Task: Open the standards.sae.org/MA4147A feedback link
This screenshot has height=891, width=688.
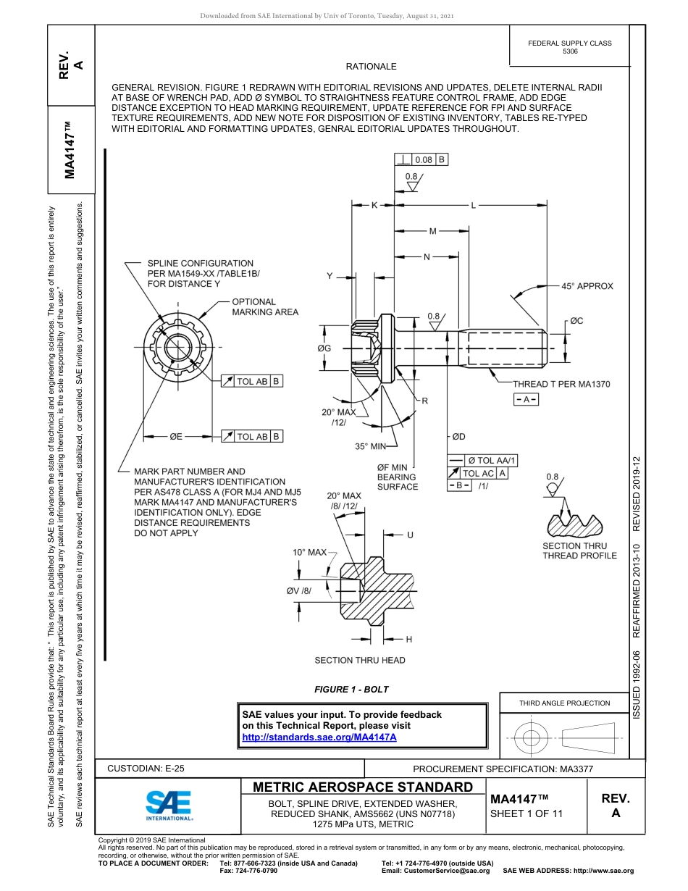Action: pos(319,737)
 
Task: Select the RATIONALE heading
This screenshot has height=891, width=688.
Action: pos(371,67)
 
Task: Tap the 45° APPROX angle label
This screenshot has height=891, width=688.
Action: pos(587,286)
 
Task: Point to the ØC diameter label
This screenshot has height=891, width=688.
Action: pos(576,321)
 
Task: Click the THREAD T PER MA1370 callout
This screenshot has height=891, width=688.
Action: pos(561,384)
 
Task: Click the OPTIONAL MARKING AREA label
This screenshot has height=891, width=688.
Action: pos(264,307)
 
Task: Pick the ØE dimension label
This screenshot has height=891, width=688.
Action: pos(176,437)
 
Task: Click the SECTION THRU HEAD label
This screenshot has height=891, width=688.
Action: pos(359,660)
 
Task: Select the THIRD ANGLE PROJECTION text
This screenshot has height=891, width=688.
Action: pos(564,703)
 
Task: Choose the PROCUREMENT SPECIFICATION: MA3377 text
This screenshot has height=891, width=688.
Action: pos(503,769)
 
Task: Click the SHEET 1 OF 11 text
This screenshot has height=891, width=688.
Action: pos(526,813)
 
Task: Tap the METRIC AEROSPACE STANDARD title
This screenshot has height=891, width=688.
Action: pos(363,787)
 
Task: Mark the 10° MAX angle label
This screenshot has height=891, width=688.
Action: pos(309,553)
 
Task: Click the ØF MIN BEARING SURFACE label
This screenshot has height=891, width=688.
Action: pos(398,477)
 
